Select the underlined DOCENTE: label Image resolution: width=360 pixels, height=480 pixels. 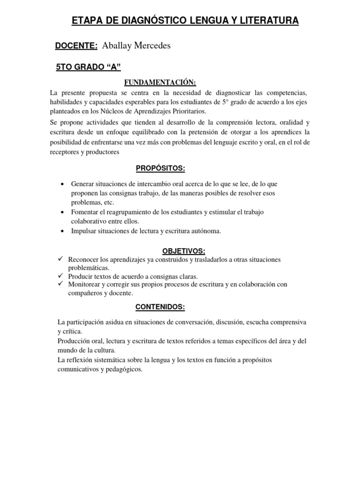[76, 45]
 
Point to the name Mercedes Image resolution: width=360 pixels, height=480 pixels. [151, 45]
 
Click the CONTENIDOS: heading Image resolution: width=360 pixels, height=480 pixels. [160, 307]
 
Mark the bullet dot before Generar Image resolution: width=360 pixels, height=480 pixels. [62, 184]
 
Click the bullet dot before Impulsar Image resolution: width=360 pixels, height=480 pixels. [62, 231]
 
